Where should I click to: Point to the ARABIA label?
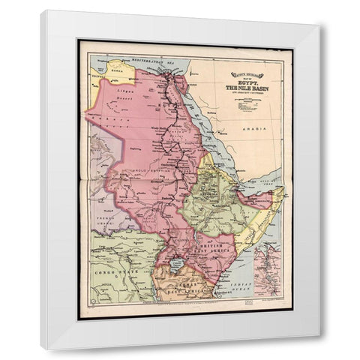tap(259, 130)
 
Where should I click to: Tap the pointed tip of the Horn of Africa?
tap(283, 190)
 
